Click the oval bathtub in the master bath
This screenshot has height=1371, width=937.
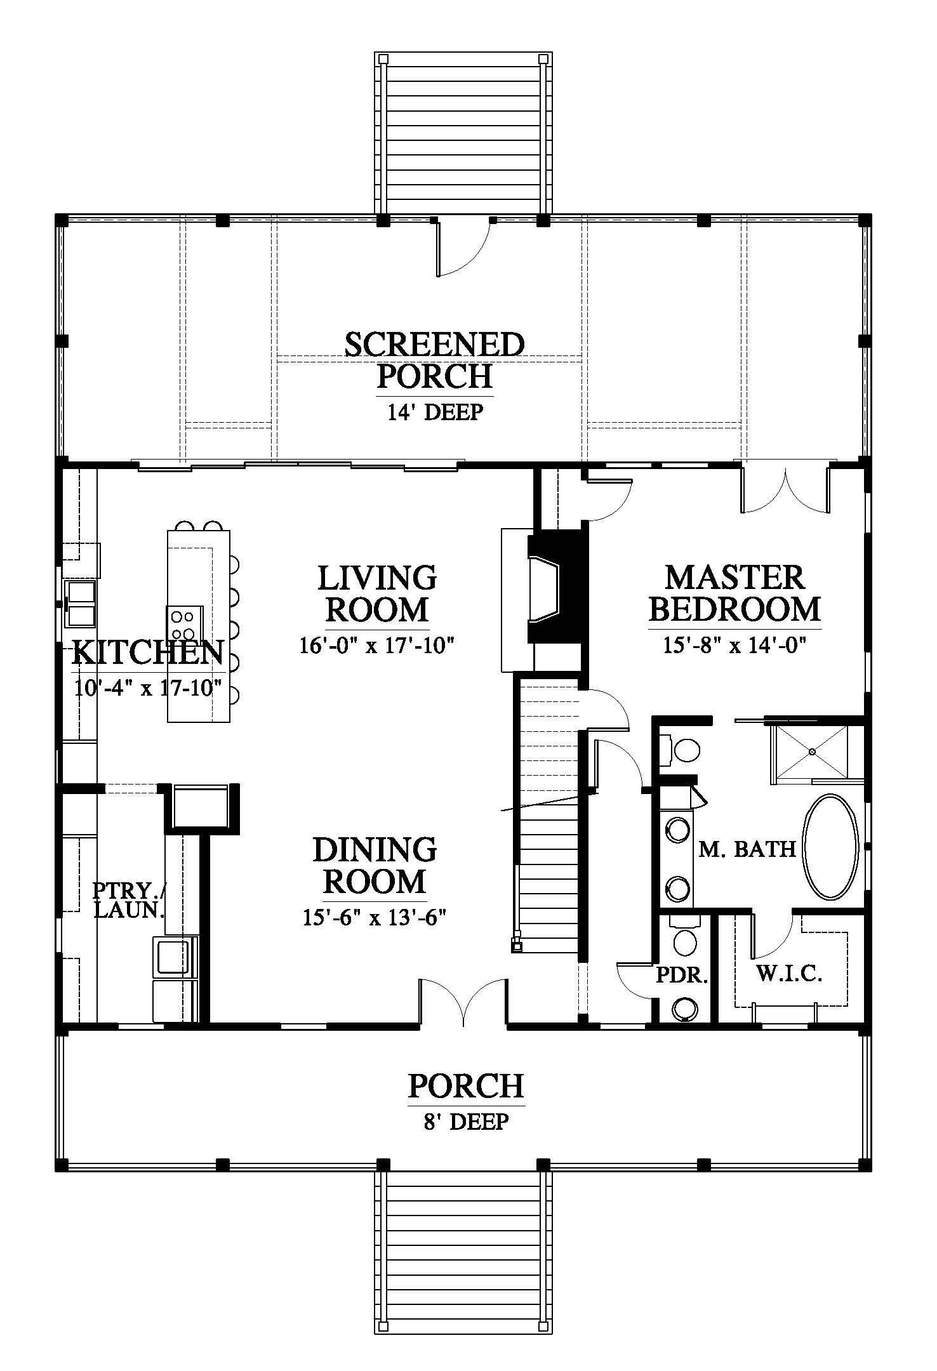click(x=831, y=847)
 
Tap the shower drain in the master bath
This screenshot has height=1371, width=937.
click(x=812, y=752)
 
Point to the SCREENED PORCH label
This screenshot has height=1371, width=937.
click(x=435, y=360)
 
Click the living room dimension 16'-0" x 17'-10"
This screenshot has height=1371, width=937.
click(x=378, y=646)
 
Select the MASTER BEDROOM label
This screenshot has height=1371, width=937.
click(x=734, y=593)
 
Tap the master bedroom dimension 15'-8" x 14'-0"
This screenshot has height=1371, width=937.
click(x=734, y=646)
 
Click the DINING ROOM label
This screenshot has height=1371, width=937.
click(x=375, y=865)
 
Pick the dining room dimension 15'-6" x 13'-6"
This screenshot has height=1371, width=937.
click(x=375, y=918)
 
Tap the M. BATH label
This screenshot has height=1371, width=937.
click(x=747, y=849)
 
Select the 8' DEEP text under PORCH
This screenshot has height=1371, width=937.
click(x=467, y=1122)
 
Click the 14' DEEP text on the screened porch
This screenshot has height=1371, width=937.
click(x=435, y=412)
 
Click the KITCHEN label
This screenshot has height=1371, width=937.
click(x=148, y=652)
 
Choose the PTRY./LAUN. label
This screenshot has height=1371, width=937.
click(x=129, y=900)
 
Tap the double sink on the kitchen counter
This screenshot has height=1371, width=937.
click(x=81, y=603)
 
